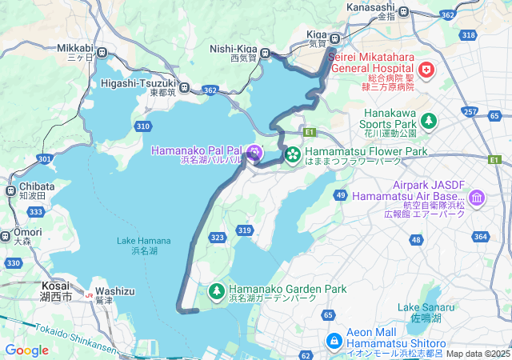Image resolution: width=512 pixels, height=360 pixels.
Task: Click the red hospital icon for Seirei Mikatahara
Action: click(426, 71)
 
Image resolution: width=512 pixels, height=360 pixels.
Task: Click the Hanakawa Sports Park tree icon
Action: click(430, 121)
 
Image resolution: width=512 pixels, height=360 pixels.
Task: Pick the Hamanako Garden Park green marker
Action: click(217, 290)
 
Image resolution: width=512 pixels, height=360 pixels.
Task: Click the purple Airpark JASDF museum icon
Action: click(477, 197)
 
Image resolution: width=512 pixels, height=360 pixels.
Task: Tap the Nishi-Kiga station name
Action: click(233, 48)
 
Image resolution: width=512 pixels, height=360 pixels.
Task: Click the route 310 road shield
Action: click(143, 126)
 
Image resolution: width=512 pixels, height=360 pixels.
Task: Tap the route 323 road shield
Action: click(217, 238)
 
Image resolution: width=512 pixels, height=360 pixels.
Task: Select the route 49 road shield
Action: click(341, 195)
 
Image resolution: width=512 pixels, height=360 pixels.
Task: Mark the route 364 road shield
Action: click(480, 236)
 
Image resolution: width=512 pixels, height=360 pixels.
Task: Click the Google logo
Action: click(26, 350)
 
